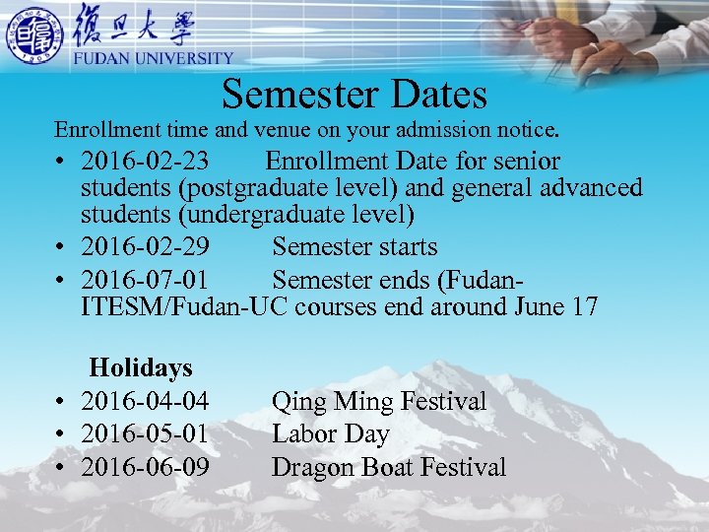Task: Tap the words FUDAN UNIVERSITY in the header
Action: coord(154,59)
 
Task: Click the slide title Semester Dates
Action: coord(354,95)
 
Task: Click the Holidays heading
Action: coord(141,368)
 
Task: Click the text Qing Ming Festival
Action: coord(379,402)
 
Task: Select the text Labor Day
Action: coord(331,434)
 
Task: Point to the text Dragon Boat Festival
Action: coord(389,467)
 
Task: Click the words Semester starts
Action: coord(354,247)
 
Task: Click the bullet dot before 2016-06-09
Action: coord(61,468)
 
